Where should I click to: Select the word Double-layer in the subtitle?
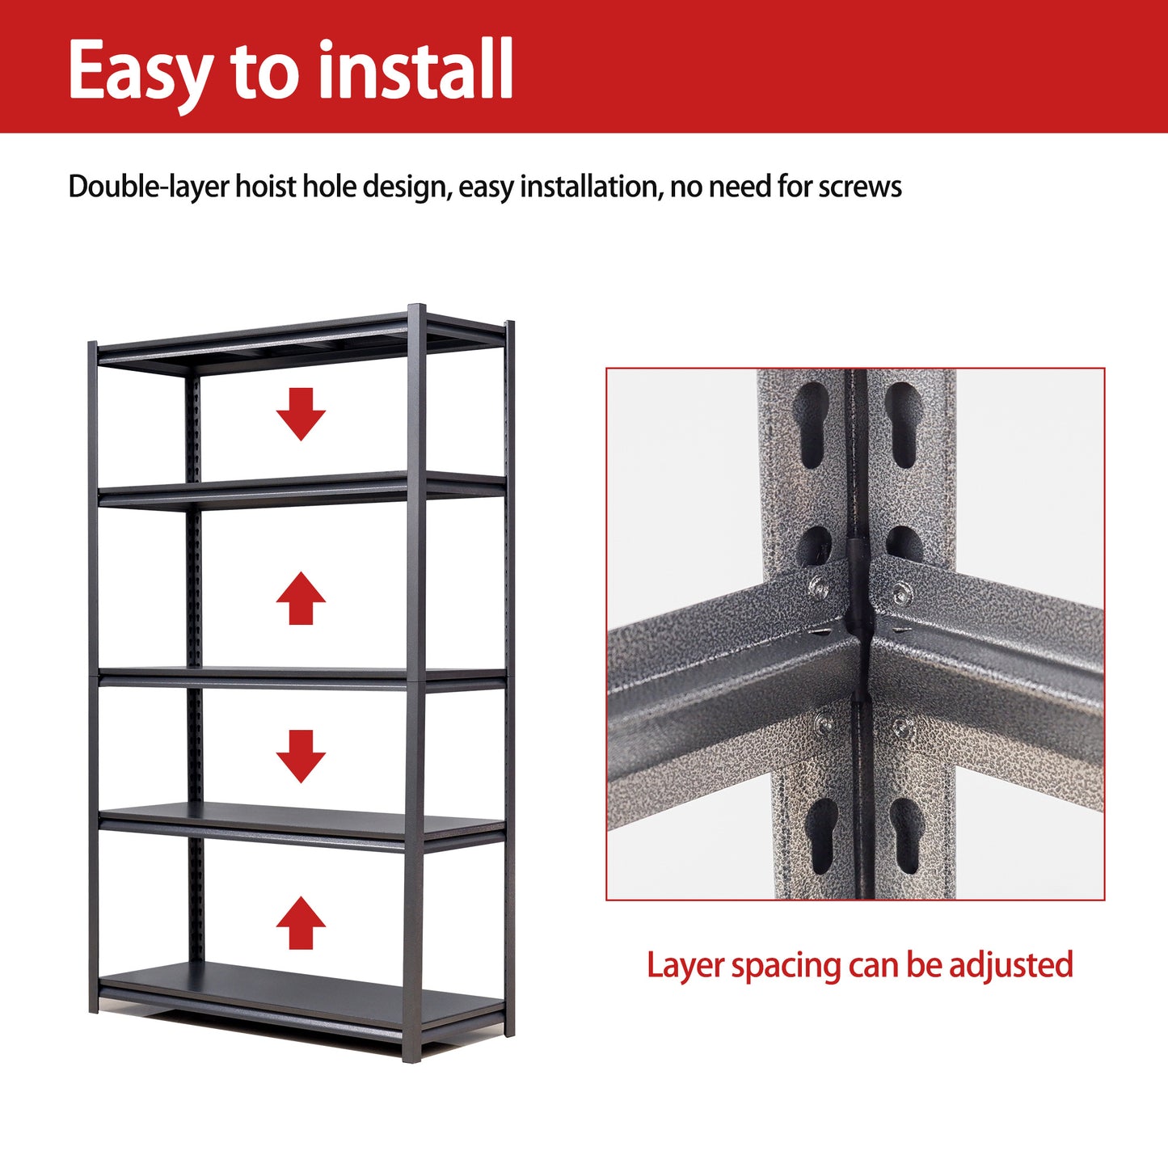[149, 187]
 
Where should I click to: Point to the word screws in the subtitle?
[860, 187]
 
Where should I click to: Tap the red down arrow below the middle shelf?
[301, 756]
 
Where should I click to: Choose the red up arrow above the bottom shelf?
[301, 922]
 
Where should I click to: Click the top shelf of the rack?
[299, 339]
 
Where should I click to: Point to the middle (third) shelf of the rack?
[299, 677]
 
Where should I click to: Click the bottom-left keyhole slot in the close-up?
[821, 837]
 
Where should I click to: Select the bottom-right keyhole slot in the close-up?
[906, 837]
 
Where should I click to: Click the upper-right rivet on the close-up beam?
[902, 594]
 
